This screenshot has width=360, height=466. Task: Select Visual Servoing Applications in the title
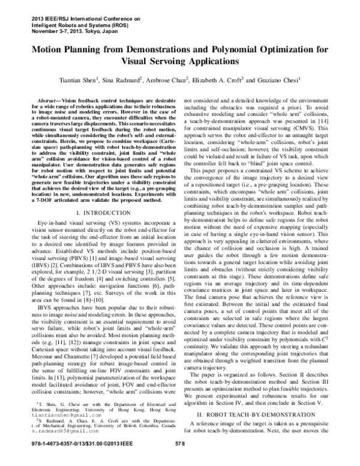coord(179,62)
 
